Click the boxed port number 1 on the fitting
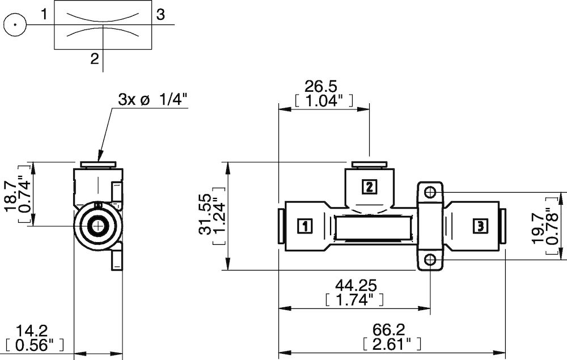tap(304, 226)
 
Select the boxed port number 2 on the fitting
tap(369, 187)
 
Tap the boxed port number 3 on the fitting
tap(480, 226)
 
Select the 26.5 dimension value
tap(321, 87)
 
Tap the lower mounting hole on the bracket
tap(431, 260)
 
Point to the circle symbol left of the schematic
tap(15, 24)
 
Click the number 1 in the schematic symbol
tap(45, 14)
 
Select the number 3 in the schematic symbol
tap(160, 15)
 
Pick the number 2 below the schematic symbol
tap(95, 58)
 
